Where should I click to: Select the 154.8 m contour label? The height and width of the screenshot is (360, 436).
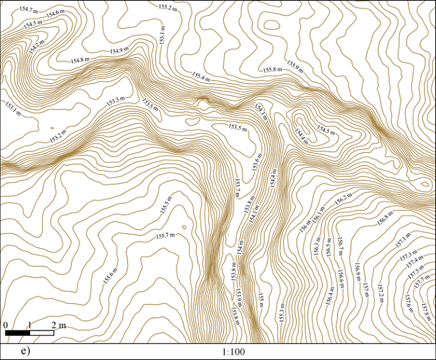pos(80,60)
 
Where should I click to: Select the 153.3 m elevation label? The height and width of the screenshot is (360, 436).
pos(115,101)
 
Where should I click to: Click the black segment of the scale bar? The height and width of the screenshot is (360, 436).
pos(17,333)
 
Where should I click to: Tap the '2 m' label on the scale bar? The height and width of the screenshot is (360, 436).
pos(58,325)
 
